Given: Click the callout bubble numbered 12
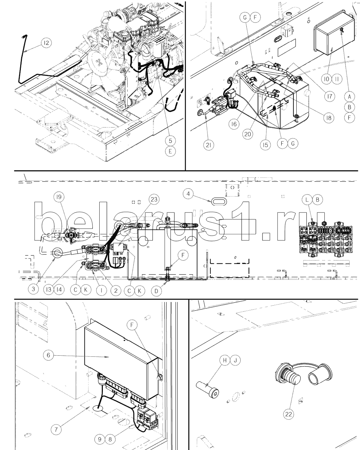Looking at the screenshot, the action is pos(46,43).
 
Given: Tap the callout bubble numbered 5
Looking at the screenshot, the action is pos(170,141).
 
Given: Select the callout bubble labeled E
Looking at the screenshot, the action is pos(170,151).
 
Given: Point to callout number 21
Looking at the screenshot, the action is pos(209,145).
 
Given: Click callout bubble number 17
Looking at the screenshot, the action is pos(329,96).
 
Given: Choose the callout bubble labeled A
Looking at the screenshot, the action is pos(350,96).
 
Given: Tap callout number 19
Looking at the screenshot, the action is pos(59,197).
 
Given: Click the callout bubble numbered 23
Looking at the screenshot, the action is pos(154,199).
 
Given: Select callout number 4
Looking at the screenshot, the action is pos(188,194).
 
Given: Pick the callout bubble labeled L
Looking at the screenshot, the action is pos(307,200).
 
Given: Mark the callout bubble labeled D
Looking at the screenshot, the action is pos(156,291).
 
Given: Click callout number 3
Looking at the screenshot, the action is pos(33,289).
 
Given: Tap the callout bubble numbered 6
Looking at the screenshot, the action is pos(49,355).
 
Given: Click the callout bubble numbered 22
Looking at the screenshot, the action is pos(288,414).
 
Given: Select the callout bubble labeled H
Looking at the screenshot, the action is pos(225,360).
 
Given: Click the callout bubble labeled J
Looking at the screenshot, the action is pos(235,360).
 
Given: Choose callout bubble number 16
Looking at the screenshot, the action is pos(234,124).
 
